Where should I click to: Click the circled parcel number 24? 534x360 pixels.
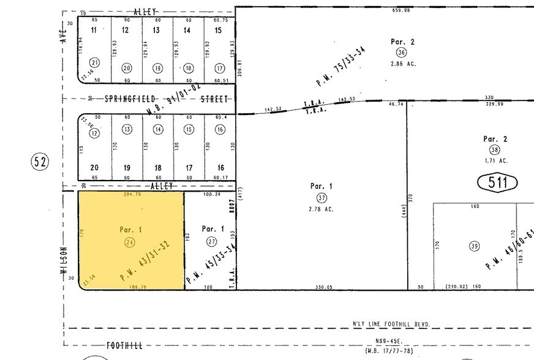(x=129, y=242)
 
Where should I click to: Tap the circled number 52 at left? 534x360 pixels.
(x=40, y=162)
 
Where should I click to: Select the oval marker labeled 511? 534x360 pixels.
(x=497, y=182)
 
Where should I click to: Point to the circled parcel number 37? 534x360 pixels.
(x=322, y=197)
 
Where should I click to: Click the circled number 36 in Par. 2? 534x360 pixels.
(x=402, y=53)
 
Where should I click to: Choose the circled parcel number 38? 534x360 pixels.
(x=494, y=150)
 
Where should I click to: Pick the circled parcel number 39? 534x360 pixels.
(x=475, y=246)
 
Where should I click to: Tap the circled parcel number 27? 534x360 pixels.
(x=211, y=242)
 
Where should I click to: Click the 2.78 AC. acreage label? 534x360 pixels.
(x=322, y=209)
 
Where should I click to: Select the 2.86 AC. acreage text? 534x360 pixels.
(x=403, y=64)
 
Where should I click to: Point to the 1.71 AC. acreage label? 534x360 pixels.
(x=495, y=161)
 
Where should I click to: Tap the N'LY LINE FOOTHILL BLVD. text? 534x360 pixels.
(x=391, y=324)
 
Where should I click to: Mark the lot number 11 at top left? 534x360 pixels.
(x=94, y=31)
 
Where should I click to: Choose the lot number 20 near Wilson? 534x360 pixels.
(x=94, y=168)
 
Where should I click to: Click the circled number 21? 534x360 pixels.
(x=94, y=62)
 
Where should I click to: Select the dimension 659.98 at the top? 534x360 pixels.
(x=401, y=10)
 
